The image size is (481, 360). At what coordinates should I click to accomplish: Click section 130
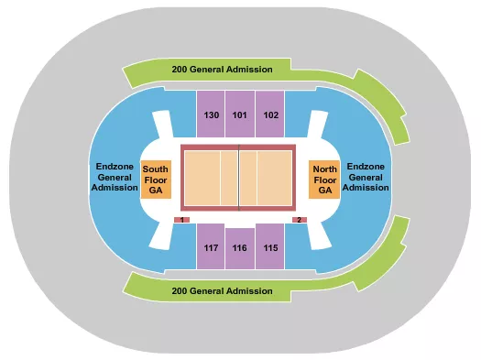(212, 115)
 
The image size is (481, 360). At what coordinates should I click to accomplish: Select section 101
(240, 115)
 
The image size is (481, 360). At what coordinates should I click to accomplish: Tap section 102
(270, 115)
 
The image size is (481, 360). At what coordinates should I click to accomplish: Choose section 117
(212, 247)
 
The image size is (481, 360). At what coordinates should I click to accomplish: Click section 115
(270, 247)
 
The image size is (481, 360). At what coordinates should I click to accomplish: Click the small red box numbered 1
(182, 221)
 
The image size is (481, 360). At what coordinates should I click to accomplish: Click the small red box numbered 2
(299, 221)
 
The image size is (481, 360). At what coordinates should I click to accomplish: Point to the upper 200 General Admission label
(222, 70)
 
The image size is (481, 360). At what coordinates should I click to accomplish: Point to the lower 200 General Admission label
(222, 290)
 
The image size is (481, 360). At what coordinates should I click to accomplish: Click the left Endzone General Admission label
(115, 178)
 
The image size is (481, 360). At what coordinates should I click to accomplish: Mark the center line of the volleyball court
(239, 177)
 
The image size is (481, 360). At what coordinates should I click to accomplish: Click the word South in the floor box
(154, 169)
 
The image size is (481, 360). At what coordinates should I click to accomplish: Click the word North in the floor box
(325, 169)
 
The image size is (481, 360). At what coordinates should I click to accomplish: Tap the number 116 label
(240, 248)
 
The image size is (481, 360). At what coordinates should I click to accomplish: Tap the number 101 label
(240, 115)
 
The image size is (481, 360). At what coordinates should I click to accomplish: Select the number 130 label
(212, 115)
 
